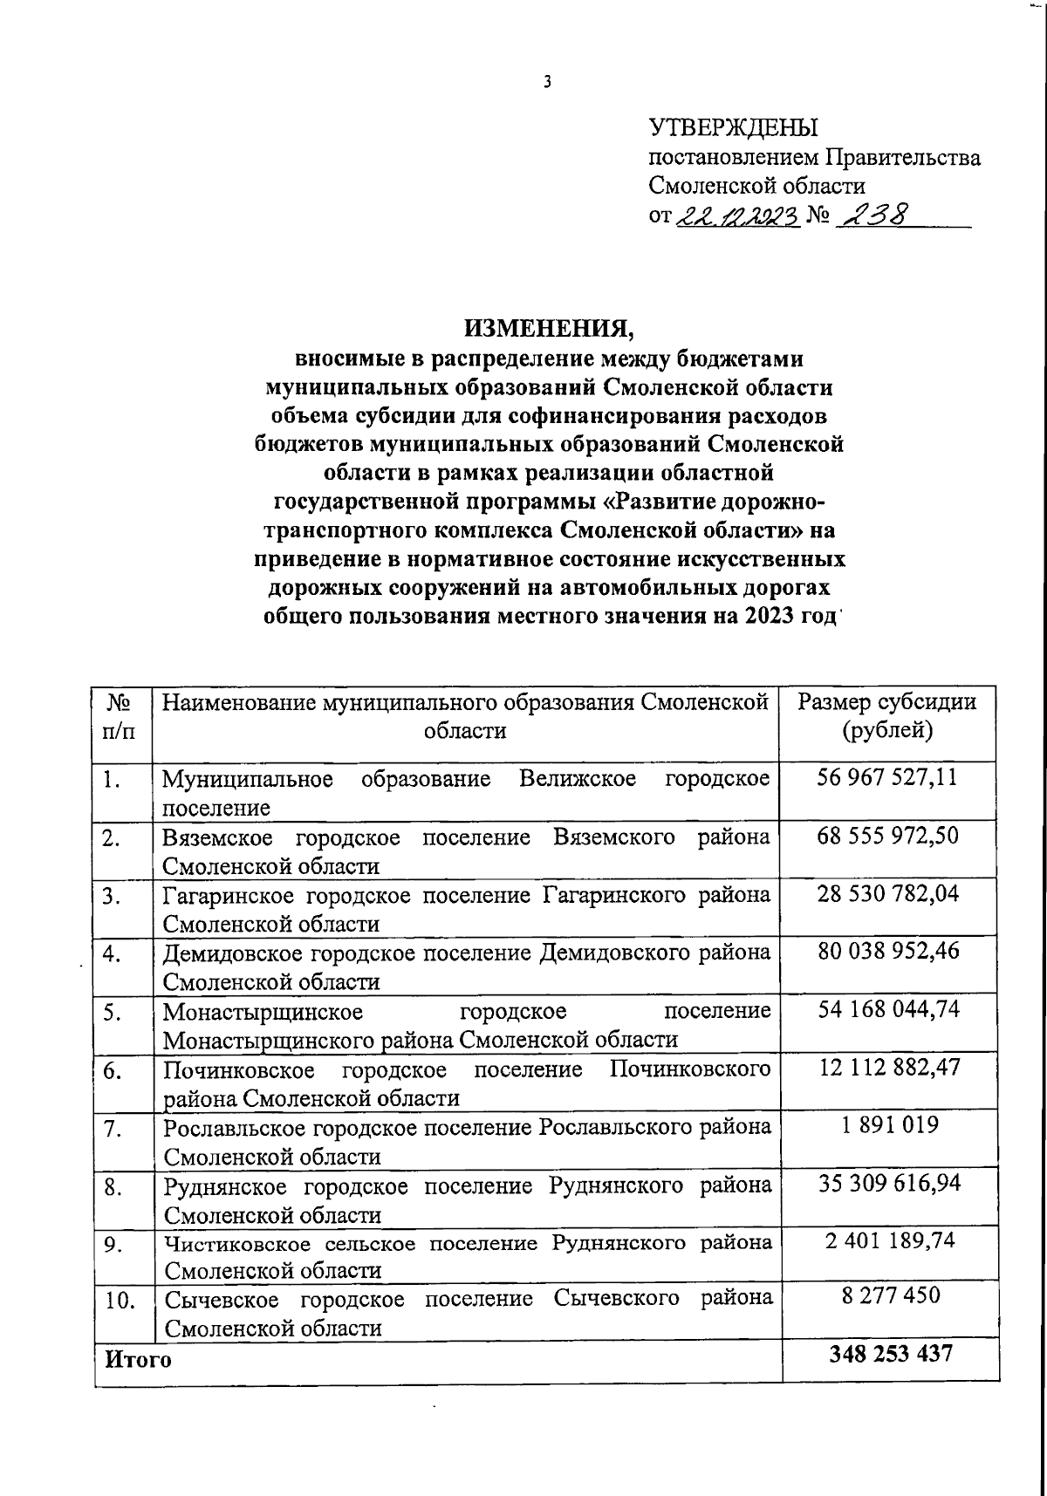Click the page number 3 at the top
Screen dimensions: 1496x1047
pyautogui.click(x=547, y=83)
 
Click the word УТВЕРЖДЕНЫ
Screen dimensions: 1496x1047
pyautogui.click(x=734, y=128)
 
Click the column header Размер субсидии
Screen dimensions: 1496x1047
pyautogui.click(x=887, y=702)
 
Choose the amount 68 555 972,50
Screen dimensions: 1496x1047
pyautogui.click(x=887, y=836)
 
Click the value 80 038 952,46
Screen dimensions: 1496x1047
pyautogui.click(x=887, y=951)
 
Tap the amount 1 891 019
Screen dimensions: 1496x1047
pyautogui.click(x=890, y=1124)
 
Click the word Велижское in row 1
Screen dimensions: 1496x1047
pyautogui.click(x=577, y=778)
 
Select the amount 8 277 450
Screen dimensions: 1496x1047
pyautogui.click(x=890, y=1295)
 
